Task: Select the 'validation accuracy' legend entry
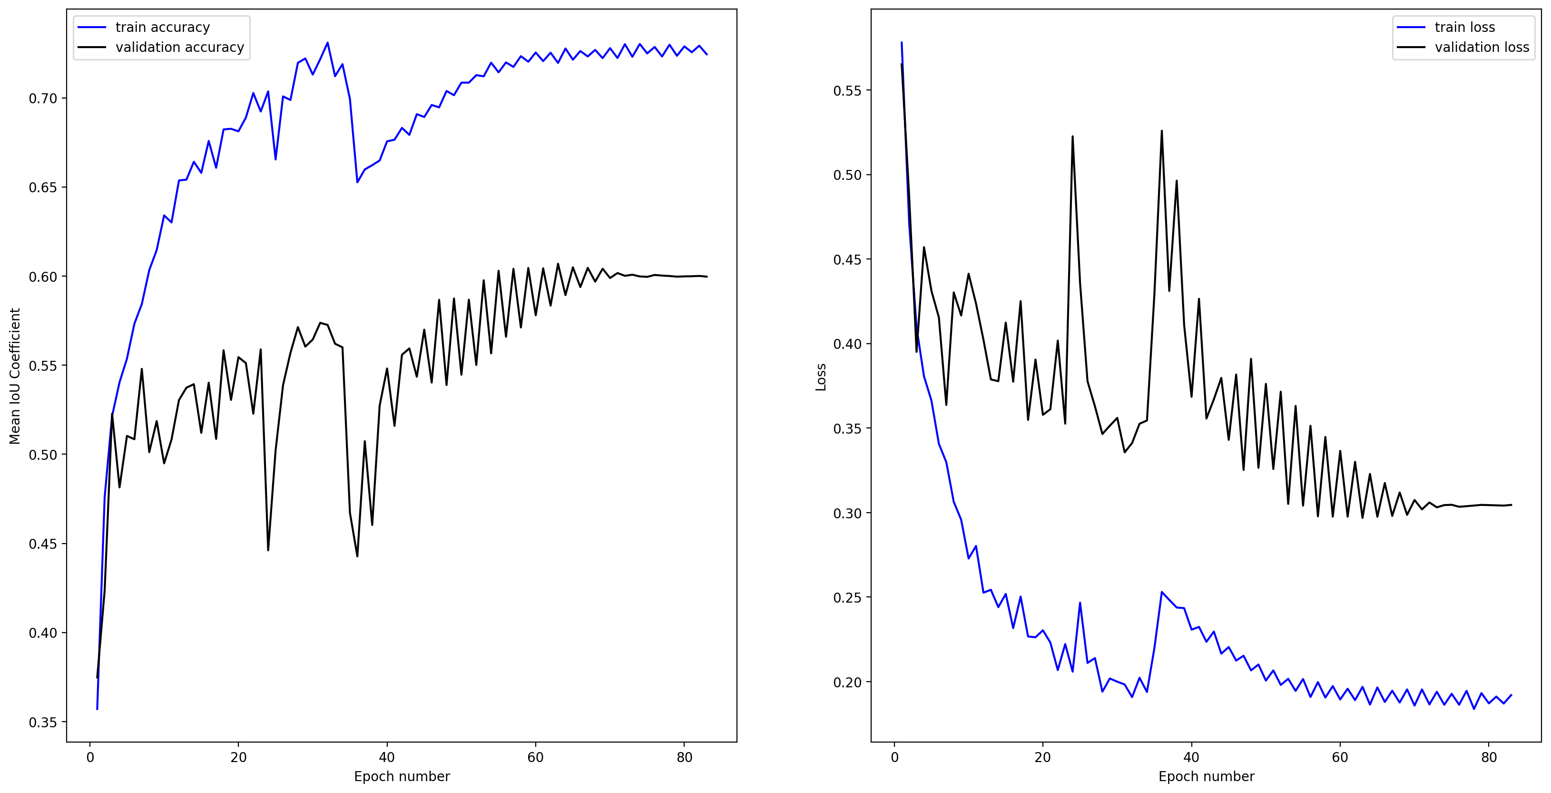tap(179, 47)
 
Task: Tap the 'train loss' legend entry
tap(1464, 27)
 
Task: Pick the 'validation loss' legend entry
tap(1481, 47)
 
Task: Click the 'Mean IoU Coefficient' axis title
tap(15, 376)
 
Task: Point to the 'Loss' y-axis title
tap(821, 377)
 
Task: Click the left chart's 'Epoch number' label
tap(402, 776)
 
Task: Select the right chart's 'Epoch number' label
tap(1206, 776)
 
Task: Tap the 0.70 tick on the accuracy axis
tap(43, 98)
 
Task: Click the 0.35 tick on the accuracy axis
tap(43, 722)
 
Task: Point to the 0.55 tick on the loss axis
tap(847, 90)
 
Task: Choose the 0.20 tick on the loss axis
tap(847, 682)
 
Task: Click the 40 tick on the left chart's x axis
tap(386, 757)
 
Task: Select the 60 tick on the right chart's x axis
tap(1340, 757)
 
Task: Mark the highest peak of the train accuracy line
tap(327, 42)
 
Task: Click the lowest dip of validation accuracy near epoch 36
tap(357, 556)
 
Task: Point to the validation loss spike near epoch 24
tap(1072, 136)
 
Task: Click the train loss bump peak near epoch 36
tap(1161, 592)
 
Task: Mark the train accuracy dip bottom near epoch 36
tap(357, 182)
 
